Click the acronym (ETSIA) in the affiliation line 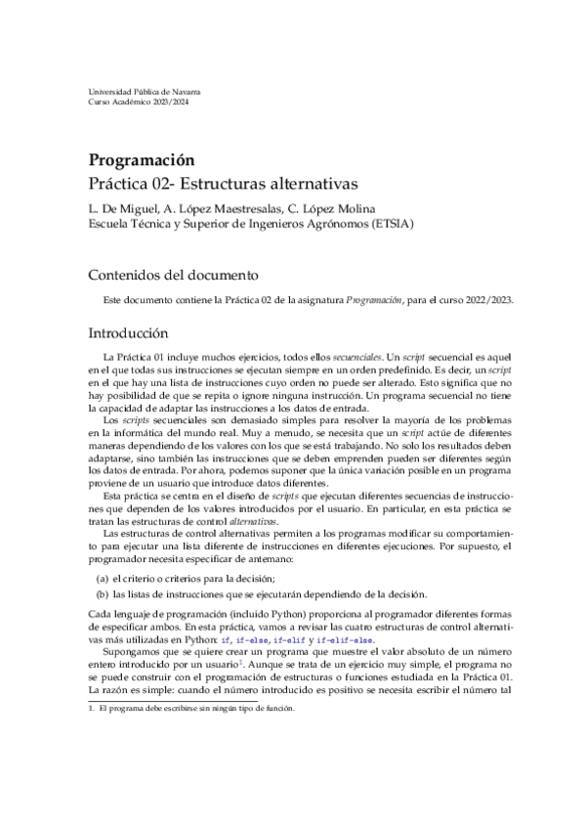point(388,222)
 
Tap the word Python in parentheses point(303,613)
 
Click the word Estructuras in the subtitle point(246,183)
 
